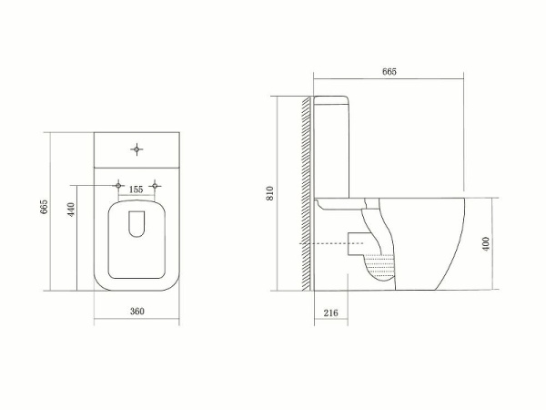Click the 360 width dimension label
coord(137,312)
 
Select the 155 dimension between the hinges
coord(136,189)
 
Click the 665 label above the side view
coord(389,72)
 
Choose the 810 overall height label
coord(269,193)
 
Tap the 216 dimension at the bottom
coord(330,313)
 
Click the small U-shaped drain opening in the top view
coord(136,223)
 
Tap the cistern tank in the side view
coord(334,146)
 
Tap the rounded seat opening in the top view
coord(136,239)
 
